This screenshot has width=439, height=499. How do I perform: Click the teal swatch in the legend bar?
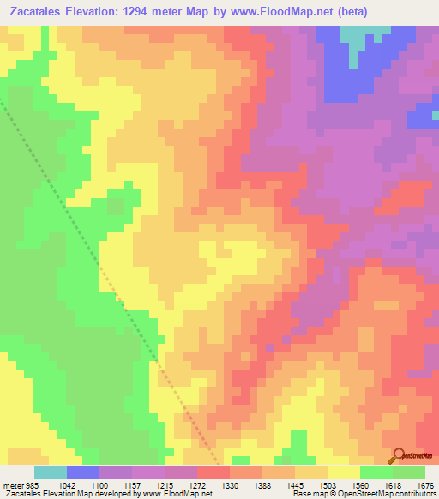[51, 473]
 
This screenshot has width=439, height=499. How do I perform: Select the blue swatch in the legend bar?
[83, 473]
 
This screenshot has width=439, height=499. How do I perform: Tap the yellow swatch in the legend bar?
[344, 473]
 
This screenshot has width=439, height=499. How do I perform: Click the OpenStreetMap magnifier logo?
[398, 455]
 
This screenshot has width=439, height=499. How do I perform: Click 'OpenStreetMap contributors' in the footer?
[389, 494]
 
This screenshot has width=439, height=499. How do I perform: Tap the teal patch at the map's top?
[359, 35]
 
